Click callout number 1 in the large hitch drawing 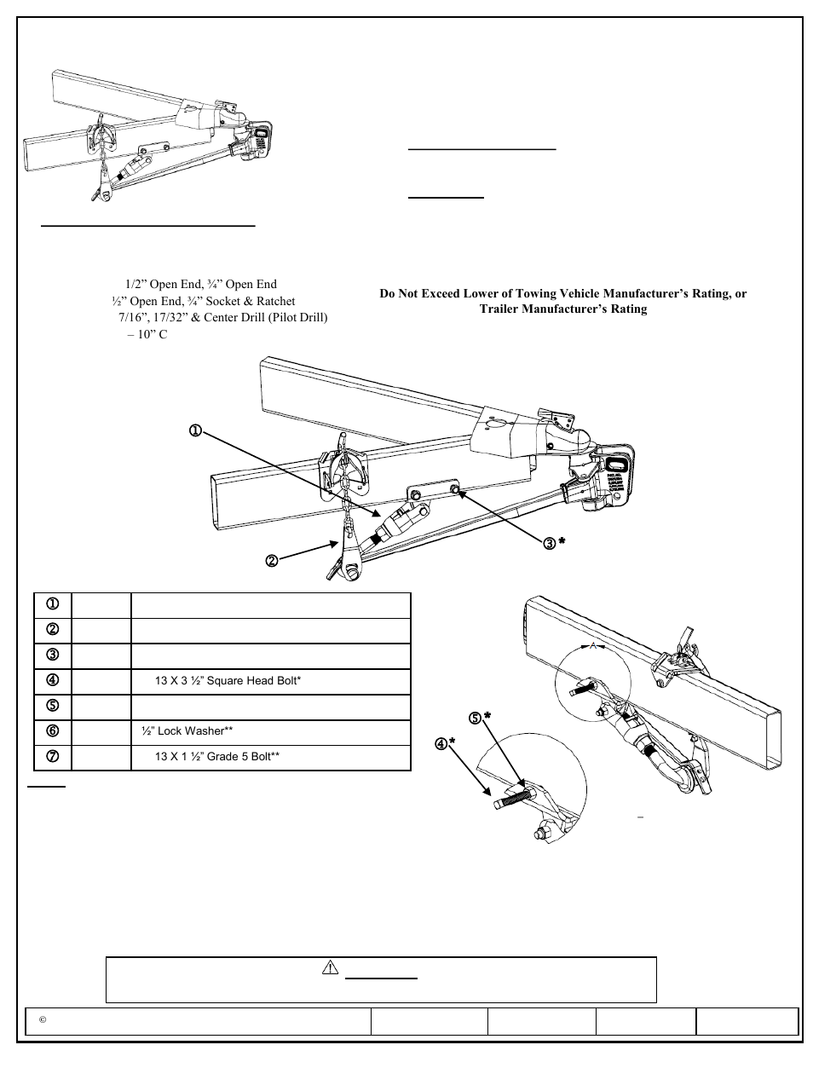click(195, 431)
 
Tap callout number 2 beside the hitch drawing click(270, 561)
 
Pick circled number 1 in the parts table click(52, 605)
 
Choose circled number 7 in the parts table click(52, 757)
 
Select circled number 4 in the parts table click(52, 681)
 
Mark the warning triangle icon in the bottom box click(332, 968)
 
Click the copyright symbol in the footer click(41, 1021)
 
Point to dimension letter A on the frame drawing click(591, 646)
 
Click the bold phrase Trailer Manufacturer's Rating click(563, 309)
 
